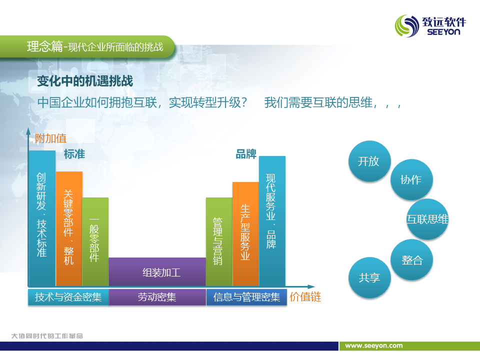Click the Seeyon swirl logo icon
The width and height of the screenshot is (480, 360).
tap(407, 26)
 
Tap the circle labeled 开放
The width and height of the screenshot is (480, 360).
tap(369, 161)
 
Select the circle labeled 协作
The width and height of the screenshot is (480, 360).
tap(411, 179)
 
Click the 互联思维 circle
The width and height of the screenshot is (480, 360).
tap(427, 219)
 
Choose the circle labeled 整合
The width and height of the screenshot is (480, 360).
tap(411, 259)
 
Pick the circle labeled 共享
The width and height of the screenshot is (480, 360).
tap(369, 277)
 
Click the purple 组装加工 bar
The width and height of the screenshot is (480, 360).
tap(157, 272)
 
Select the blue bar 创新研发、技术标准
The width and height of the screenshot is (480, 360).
tap(42, 218)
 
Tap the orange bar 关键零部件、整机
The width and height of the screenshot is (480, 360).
tap(69, 228)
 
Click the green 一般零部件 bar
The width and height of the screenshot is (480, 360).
tap(95, 242)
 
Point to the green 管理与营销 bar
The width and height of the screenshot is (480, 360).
tap(219, 242)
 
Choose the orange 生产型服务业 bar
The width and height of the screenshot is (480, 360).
tap(245, 234)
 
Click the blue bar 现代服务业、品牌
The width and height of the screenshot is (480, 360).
tap(272, 221)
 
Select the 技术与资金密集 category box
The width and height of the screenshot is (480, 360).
tap(68, 297)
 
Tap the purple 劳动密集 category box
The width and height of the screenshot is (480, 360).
tap(157, 297)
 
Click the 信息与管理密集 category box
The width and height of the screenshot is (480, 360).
tap(246, 297)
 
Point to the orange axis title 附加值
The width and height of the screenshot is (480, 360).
tap(50, 138)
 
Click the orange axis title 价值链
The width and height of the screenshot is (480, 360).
tap(305, 297)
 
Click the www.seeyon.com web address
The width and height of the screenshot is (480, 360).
tap(374, 345)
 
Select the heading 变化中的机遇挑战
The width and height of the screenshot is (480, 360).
tap(85, 81)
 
